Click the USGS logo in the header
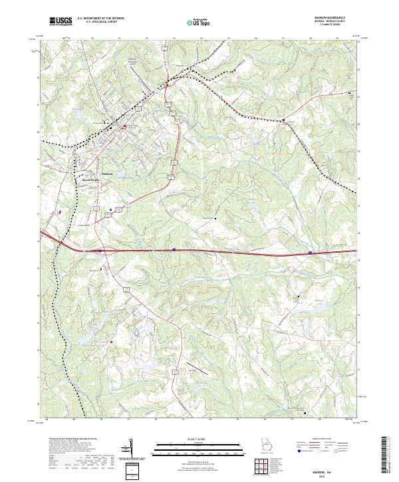point(60,21)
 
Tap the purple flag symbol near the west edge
point(60,213)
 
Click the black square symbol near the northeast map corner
point(350,93)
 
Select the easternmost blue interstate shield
point(311,253)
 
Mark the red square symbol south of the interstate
point(112,342)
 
